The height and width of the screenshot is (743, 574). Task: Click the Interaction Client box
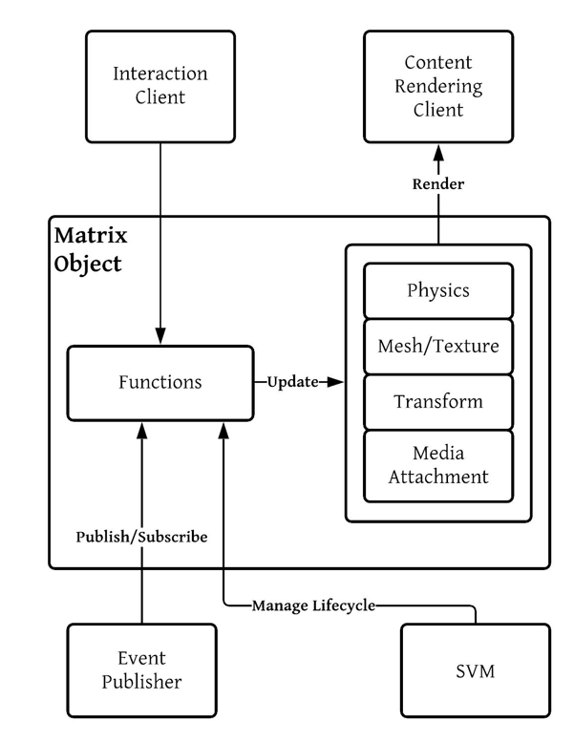[x=160, y=86]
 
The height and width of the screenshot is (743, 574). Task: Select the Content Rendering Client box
[x=438, y=86]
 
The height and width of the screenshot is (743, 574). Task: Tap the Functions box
[x=160, y=382]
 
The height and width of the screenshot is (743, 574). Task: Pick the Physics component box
[x=438, y=290]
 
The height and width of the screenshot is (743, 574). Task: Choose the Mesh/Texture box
[x=438, y=346]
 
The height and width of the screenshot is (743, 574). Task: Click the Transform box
[x=438, y=401]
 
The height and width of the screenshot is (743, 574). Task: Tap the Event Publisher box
[x=141, y=669]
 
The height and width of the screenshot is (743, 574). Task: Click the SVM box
[x=475, y=669]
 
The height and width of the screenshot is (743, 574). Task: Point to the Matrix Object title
[x=90, y=249]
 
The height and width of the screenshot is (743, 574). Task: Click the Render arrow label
[x=438, y=184]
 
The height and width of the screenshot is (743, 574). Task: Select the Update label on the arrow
[x=291, y=382]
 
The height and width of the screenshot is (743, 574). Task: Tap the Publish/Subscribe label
[x=141, y=537]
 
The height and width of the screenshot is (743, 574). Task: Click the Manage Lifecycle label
[x=313, y=605]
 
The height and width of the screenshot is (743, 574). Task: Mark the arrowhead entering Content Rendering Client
[x=438, y=153]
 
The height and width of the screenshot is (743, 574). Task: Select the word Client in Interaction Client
[x=160, y=97]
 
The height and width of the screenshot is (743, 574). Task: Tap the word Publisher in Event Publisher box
[x=141, y=681]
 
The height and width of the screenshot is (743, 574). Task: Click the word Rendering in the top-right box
[x=438, y=86]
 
